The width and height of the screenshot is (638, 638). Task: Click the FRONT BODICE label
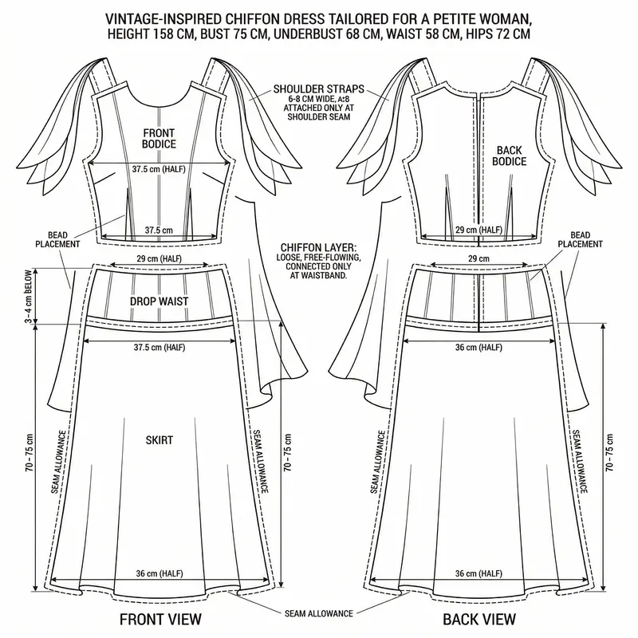point(159,138)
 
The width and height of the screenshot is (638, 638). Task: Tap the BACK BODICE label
point(510,155)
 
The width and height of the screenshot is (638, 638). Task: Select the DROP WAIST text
point(159,302)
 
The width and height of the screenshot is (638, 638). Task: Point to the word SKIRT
point(159,439)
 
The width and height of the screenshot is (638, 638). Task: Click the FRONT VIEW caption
point(159,619)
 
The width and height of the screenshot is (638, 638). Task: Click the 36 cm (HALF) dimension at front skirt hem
point(159,573)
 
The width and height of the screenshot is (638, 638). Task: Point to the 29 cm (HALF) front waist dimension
point(159,260)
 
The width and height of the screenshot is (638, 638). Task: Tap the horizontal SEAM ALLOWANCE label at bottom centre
point(319,613)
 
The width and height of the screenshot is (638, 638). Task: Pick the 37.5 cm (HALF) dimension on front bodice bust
point(159,168)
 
